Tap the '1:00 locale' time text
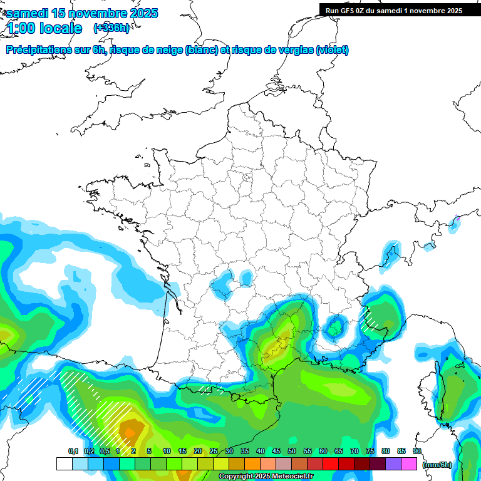pos(44,28)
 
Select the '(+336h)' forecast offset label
pos(111,28)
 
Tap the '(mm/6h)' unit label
pos(437,464)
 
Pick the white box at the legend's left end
pos(64,464)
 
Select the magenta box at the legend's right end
pos(409,464)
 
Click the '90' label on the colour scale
pos(417,451)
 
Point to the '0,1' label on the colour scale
pos(73,451)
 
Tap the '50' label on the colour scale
pos(292,451)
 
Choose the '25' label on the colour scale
pos(214,451)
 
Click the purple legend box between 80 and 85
pos(393,464)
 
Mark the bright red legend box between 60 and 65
pos(331,464)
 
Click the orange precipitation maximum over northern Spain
pos(130,432)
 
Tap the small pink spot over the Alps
pos(457,219)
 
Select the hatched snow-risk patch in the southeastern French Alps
pos(371,320)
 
